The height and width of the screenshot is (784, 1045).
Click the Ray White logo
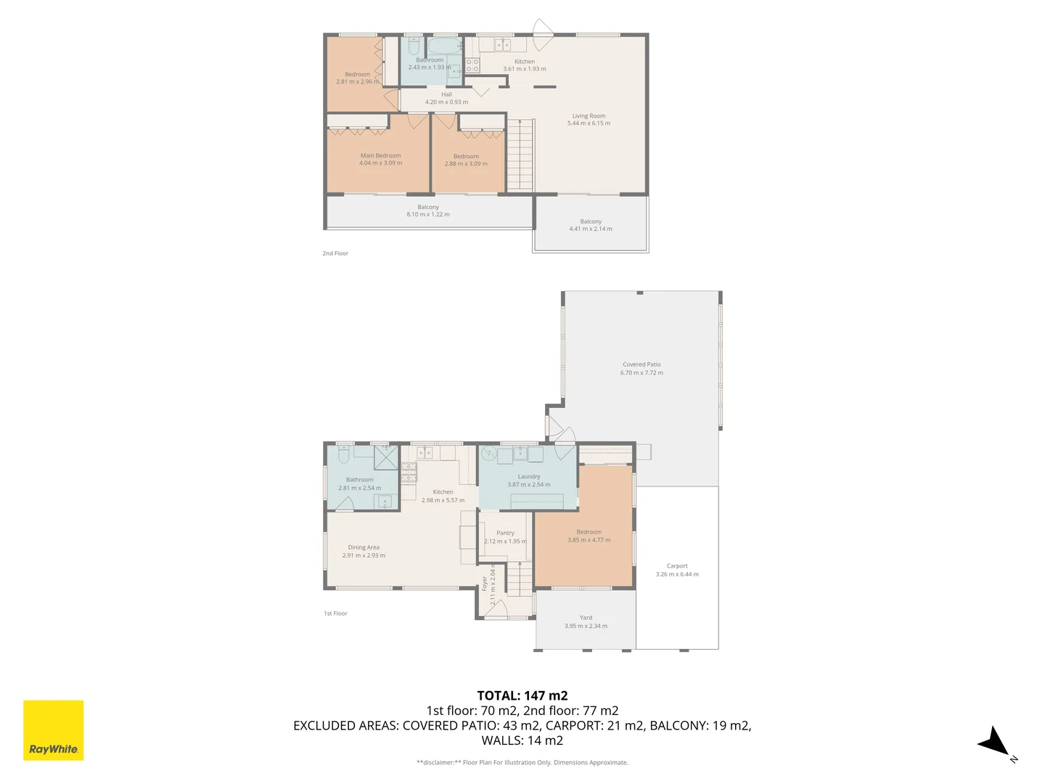tap(53, 730)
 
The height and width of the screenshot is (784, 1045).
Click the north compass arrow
tap(993, 743)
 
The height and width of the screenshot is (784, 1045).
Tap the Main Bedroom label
tap(380, 155)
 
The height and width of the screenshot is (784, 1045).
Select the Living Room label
tap(589, 116)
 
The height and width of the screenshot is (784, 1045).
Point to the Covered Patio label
tap(642, 364)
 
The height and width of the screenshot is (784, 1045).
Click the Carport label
tap(677, 566)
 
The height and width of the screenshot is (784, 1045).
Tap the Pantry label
tap(505, 533)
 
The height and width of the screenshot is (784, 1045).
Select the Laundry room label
tap(529, 477)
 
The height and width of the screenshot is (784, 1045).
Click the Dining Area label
tap(364, 547)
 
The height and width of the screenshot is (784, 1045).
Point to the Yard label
tap(586, 618)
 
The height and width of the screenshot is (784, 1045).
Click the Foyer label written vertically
tap(485, 584)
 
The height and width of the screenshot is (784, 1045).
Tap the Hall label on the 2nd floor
tap(446, 94)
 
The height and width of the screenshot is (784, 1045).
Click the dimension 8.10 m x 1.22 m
tap(428, 215)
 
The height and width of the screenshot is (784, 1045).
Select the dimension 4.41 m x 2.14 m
tap(591, 229)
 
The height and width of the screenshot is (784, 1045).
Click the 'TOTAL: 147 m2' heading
tap(522, 695)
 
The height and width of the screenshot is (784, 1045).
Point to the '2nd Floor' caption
tap(335, 253)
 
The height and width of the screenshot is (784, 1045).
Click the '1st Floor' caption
tap(335, 613)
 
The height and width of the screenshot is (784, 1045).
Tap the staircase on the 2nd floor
tap(520, 155)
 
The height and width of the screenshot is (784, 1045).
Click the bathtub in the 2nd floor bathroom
tap(444, 47)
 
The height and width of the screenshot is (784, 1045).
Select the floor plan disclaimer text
tap(522, 762)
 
